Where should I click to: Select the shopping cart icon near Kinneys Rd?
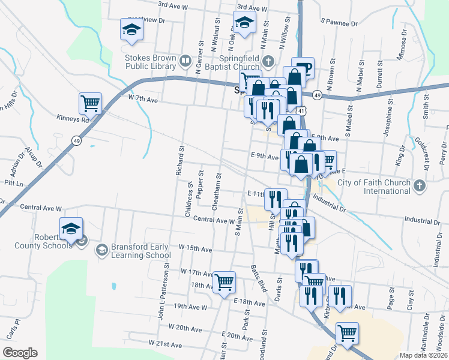pos(90,103)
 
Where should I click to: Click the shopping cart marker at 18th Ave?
pos(224,281)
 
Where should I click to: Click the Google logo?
pos(20,352)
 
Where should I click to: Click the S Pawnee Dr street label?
pos(339,22)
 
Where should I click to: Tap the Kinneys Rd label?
pos(73,118)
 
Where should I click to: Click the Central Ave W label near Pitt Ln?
pos(41,208)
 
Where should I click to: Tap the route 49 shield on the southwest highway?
pos(76,140)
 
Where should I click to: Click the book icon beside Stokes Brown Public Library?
pos(185,61)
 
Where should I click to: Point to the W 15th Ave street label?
pos(196,248)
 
